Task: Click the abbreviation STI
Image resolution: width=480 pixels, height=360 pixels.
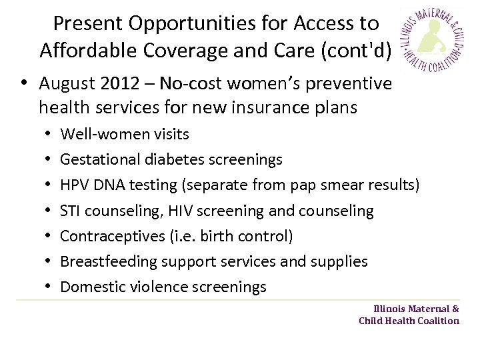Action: pyautogui.click(x=71, y=211)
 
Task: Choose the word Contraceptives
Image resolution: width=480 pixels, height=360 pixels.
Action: pyautogui.click(x=106, y=237)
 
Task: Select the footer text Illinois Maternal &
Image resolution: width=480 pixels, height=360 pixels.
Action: pyautogui.click(x=416, y=309)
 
